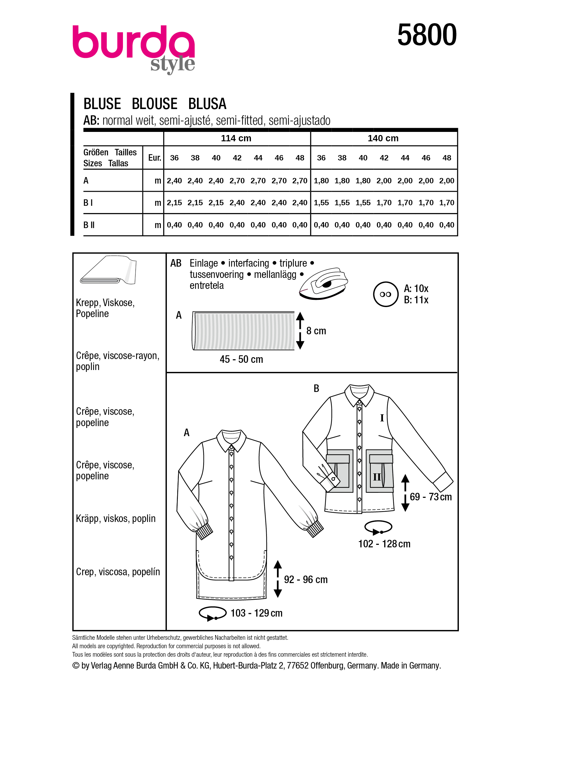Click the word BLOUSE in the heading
click(x=154, y=104)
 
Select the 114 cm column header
click(x=236, y=138)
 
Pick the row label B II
click(x=89, y=225)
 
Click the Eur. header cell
click(x=154, y=158)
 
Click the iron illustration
click(x=323, y=284)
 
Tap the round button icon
click(x=385, y=294)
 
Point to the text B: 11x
click(x=416, y=300)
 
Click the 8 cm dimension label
click(x=316, y=331)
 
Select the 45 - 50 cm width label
click(x=242, y=359)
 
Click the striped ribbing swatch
click(x=243, y=331)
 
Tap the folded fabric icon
click(x=108, y=270)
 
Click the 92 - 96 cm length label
click(x=305, y=580)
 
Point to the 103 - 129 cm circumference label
click(x=256, y=613)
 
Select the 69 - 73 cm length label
click(x=430, y=497)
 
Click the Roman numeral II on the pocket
click(x=377, y=477)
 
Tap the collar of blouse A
click(x=231, y=439)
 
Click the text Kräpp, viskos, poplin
click(x=115, y=519)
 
